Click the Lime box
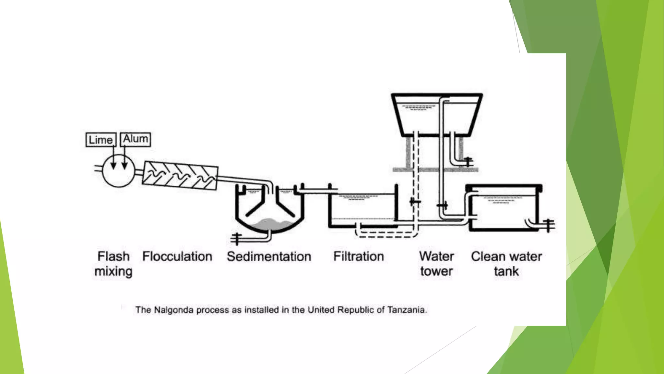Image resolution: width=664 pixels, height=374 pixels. pos(101,140)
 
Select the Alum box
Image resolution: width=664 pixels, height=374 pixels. pos(135,139)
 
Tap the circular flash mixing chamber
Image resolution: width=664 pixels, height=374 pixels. pos(119,171)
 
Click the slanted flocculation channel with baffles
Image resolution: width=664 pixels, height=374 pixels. pos(180,176)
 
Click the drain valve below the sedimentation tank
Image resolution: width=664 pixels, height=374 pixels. pos(236,239)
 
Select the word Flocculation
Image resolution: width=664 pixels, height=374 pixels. pos(177,256)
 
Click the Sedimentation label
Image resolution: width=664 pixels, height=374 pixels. pos(269,256)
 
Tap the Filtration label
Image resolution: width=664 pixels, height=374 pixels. pos(358,256)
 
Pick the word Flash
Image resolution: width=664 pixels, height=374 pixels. pos(113,256)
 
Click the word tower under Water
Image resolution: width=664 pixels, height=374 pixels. pos(436,271)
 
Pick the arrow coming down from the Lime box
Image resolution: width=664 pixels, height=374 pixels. pos(113,159)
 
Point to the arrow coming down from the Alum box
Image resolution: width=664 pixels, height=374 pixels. pos(124,159)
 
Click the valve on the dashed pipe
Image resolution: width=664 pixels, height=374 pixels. pos(415,202)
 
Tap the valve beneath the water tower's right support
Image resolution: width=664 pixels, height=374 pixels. pos(468,161)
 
